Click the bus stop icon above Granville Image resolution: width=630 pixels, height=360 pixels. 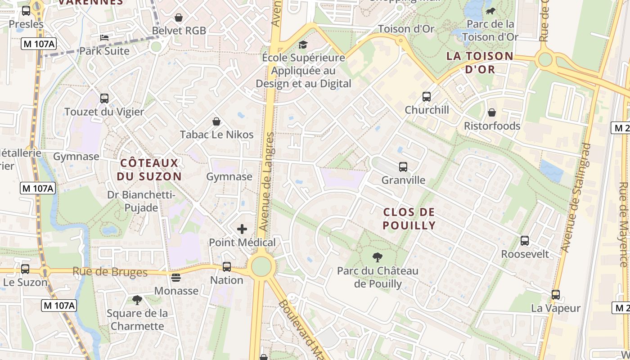point(403,167)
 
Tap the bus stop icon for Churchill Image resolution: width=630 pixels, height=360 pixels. point(426,97)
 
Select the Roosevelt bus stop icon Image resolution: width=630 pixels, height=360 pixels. point(525,241)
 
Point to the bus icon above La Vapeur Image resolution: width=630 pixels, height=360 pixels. point(556,295)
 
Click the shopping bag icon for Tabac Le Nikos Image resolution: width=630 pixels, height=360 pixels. point(216,121)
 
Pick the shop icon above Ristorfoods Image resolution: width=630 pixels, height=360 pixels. point(492,112)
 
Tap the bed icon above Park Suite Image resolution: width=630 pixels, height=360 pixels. point(104,38)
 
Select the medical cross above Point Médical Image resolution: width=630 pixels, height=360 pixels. point(242,229)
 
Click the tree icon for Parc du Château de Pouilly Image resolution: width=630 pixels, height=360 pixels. point(378,257)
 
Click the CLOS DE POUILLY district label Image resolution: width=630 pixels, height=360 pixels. point(409,219)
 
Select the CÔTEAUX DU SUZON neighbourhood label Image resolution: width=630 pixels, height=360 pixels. point(149,170)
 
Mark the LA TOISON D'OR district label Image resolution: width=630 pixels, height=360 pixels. point(480,63)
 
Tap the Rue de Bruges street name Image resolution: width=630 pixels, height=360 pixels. point(110,272)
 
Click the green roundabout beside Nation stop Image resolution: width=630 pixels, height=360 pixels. point(261,266)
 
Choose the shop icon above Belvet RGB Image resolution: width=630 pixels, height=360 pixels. point(179,18)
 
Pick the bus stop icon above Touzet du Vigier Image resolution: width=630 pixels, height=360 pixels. point(104,98)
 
